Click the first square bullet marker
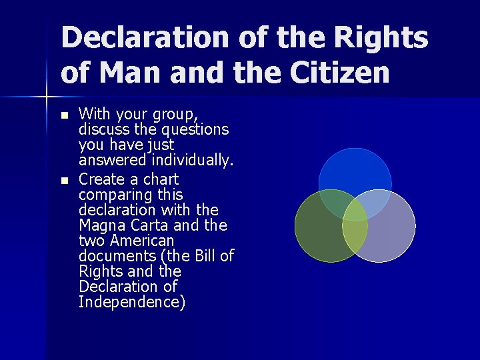coord(64,115)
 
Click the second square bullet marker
coord(64,181)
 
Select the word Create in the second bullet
coord(101,179)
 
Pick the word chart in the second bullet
coord(160,179)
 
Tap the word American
coord(142,241)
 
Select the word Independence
coord(132,302)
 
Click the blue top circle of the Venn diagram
coord(355,170)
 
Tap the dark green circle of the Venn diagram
coord(320,233)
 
